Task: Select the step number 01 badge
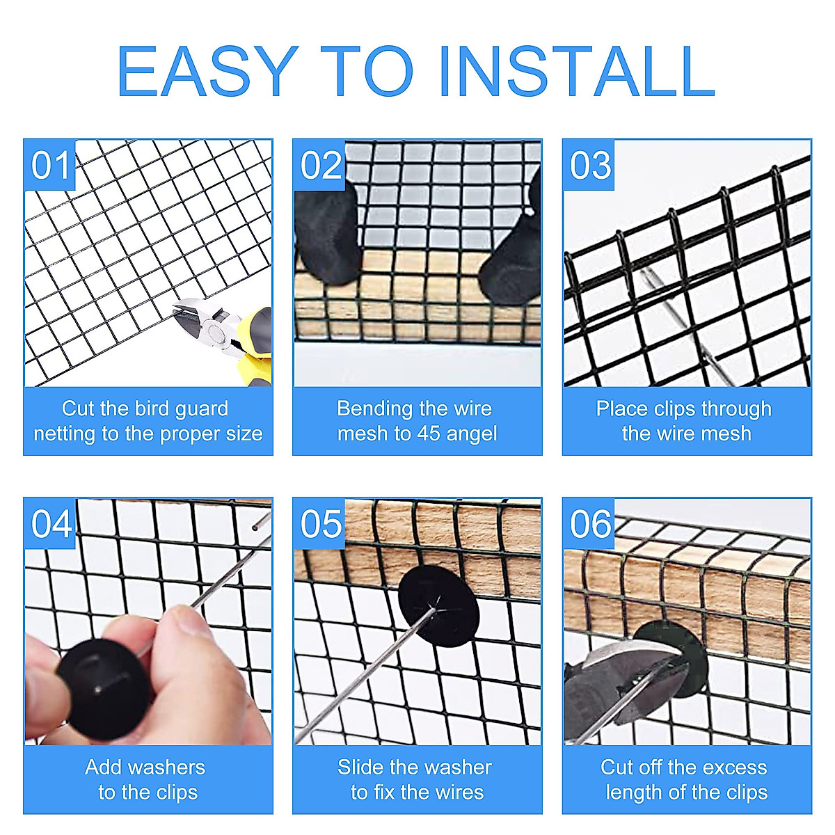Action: [50, 165]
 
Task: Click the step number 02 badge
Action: [320, 165]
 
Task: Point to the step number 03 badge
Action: [589, 165]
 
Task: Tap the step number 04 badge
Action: [50, 524]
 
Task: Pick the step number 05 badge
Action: [320, 524]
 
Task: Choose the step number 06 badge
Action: [589, 524]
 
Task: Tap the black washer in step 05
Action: [438, 606]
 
